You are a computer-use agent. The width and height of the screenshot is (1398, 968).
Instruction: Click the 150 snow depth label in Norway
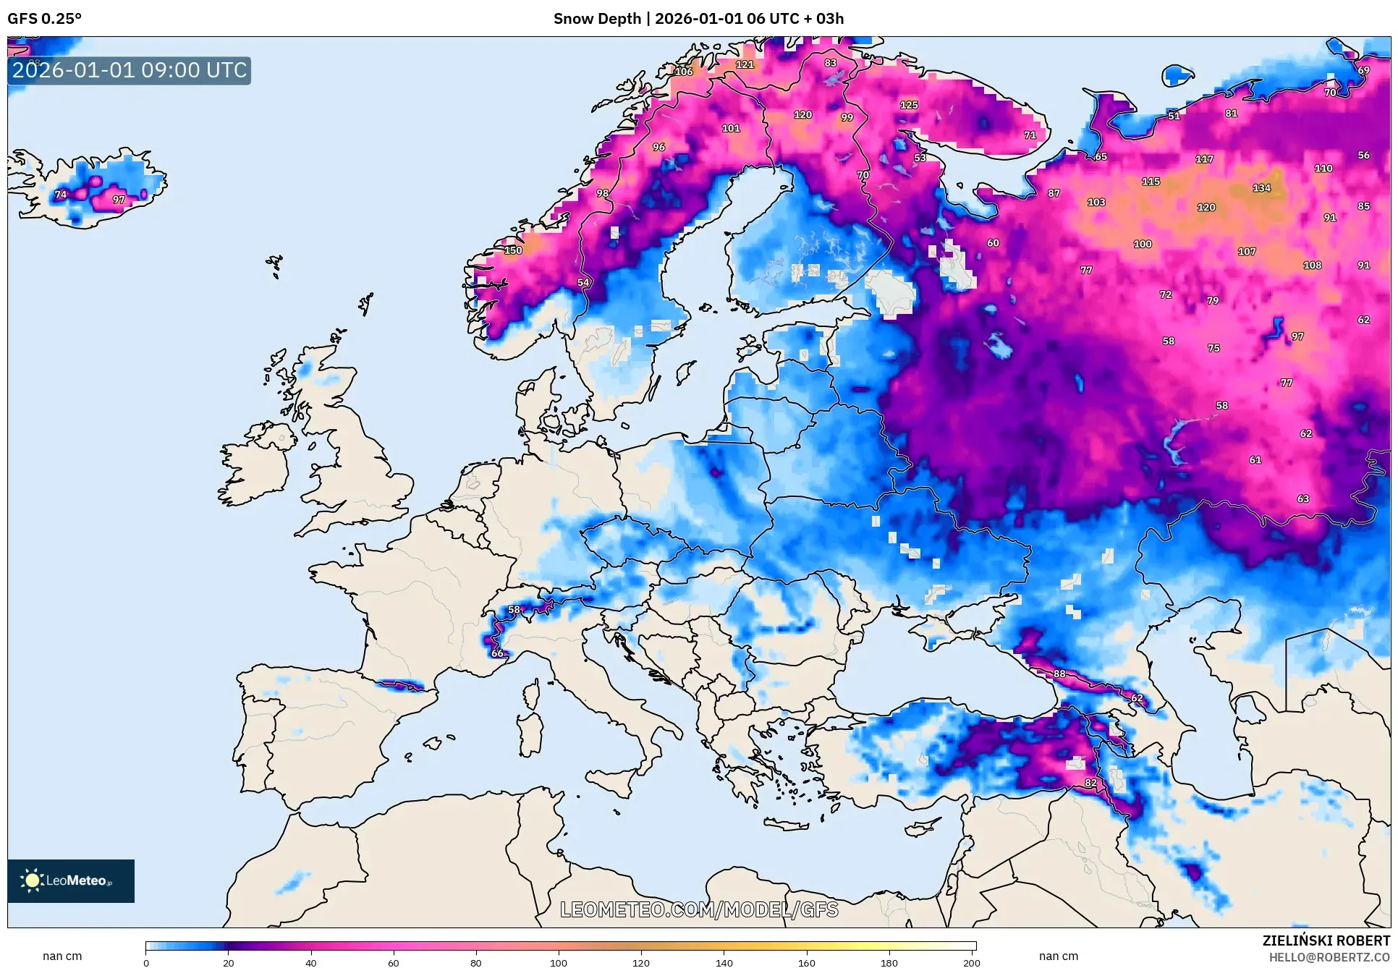pyautogui.click(x=513, y=250)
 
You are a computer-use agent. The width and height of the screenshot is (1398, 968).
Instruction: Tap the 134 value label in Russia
pyautogui.click(x=1261, y=188)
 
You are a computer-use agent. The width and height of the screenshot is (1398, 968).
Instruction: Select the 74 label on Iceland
pyautogui.click(x=61, y=194)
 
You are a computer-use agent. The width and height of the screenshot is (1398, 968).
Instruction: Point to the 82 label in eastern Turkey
pyautogui.click(x=1090, y=783)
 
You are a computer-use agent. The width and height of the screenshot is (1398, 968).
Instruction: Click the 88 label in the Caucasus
pyautogui.click(x=1059, y=674)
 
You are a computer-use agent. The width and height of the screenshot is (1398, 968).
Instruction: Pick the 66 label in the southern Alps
pyautogui.click(x=497, y=653)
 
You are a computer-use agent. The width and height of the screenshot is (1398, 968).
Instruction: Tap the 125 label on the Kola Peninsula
pyautogui.click(x=909, y=105)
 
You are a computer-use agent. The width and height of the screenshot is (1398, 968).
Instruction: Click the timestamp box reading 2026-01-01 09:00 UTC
pyautogui.click(x=130, y=70)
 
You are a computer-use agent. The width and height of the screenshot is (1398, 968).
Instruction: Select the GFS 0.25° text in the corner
pyautogui.click(x=44, y=19)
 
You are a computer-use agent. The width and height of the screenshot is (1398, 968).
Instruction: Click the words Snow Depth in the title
pyautogui.click(x=597, y=19)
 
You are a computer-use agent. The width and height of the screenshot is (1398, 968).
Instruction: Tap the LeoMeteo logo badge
pyautogui.click(x=71, y=880)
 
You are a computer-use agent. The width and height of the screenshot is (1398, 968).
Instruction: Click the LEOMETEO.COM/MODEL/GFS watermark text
pyautogui.click(x=699, y=909)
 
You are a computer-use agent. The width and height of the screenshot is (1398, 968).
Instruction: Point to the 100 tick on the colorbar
pyautogui.click(x=559, y=962)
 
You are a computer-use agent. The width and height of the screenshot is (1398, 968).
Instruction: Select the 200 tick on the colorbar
pyautogui.click(x=972, y=962)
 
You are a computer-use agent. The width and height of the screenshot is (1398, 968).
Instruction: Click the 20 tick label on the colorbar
pyautogui.click(x=229, y=962)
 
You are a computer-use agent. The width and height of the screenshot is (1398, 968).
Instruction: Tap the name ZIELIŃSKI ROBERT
pyautogui.click(x=1326, y=941)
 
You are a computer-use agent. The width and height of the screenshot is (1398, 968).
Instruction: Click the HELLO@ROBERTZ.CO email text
pyautogui.click(x=1329, y=957)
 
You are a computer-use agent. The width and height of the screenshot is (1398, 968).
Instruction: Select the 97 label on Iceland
pyautogui.click(x=119, y=200)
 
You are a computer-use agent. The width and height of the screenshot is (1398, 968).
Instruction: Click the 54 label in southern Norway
pyautogui.click(x=583, y=282)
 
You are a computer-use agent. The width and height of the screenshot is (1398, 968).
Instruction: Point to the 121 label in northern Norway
pyautogui.click(x=745, y=64)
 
